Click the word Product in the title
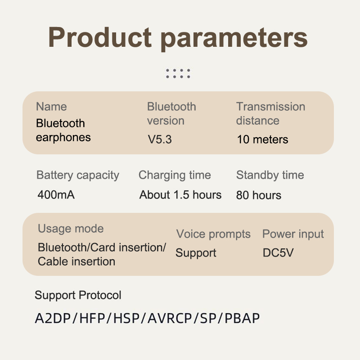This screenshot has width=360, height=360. pyautogui.click(x=100, y=37)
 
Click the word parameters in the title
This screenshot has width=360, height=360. pyautogui.click(x=234, y=39)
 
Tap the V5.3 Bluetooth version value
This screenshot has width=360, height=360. pyautogui.click(x=160, y=139)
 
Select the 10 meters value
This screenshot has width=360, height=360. pyautogui.click(x=262, y=139)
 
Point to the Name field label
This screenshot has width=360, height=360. pyautogui.click(x=51, y=107)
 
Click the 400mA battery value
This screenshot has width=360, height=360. pyautogui.click(x=56, y=195)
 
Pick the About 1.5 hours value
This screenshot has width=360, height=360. pyautogui.click(x=180, y=195)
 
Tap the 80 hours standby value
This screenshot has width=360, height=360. pyautogui.click(x=258, y=195)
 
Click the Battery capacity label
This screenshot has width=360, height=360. pyautogui.click(x=78, y=175)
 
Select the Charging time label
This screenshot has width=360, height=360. pyautogui.click(x=175, y=175)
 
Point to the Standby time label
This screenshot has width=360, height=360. pyautogui.click(x=270, y=175)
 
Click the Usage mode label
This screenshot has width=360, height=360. pyautogui.click(x=71, y=229)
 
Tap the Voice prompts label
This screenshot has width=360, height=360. pyautogui.click(x=213, y=234)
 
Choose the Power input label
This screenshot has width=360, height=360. pyautogui.click(x=293, y=234)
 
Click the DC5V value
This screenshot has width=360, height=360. pyautogui.click(x=278, y=253)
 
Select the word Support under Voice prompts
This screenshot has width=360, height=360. pyautogui.click(x=196, y=253)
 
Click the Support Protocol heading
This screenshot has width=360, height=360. pyautogui.click(x=78, y=295)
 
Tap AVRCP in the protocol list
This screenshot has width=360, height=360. pyautogui.click(x=170, y=318)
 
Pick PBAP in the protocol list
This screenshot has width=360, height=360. pyautogui.click(x=242, y=318)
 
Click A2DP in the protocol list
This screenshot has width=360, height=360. pyautogui.click(x=53, y=318)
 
